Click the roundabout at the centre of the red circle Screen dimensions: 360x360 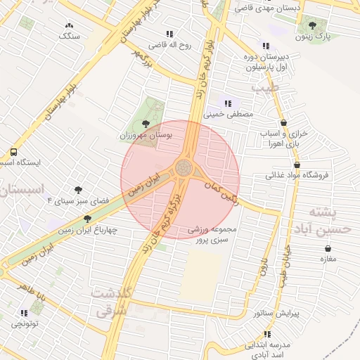pyautogui.click(x=184, y=168)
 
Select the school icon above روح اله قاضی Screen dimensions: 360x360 pyautogui.click(x=169, y=33)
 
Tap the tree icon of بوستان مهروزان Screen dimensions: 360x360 pyautogui.click(x=146, y=124)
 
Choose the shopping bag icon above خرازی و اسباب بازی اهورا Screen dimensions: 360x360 pyautogui.click(x=283, y=122)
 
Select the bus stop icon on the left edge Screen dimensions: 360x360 pyautogui.click(x=13, y=152)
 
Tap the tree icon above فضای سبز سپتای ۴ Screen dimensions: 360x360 pyautogui.click(x=78, y=190)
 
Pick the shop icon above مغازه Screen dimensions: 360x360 pyautogui.click(x=328, y=248)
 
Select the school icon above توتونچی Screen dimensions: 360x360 pyautogui.click(x=25, y=313)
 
